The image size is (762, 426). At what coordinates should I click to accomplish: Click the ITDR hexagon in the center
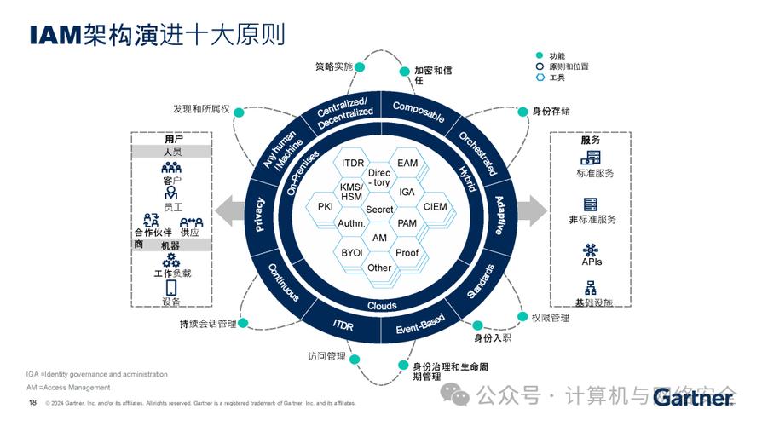353,163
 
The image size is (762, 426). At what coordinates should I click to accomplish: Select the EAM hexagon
406,162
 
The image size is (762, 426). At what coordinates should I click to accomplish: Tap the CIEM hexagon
435,207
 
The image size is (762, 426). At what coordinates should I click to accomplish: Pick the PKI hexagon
325,207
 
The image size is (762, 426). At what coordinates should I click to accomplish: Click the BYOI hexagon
352,252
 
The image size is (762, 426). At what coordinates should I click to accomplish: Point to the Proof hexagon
407,252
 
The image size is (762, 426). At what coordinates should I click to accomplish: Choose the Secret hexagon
379,209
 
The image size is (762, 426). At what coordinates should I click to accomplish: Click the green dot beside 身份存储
523,112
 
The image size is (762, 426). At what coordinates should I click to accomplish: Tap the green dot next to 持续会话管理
244,324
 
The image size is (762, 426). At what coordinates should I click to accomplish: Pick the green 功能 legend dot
540,55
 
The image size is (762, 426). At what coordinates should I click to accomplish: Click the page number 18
32,403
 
